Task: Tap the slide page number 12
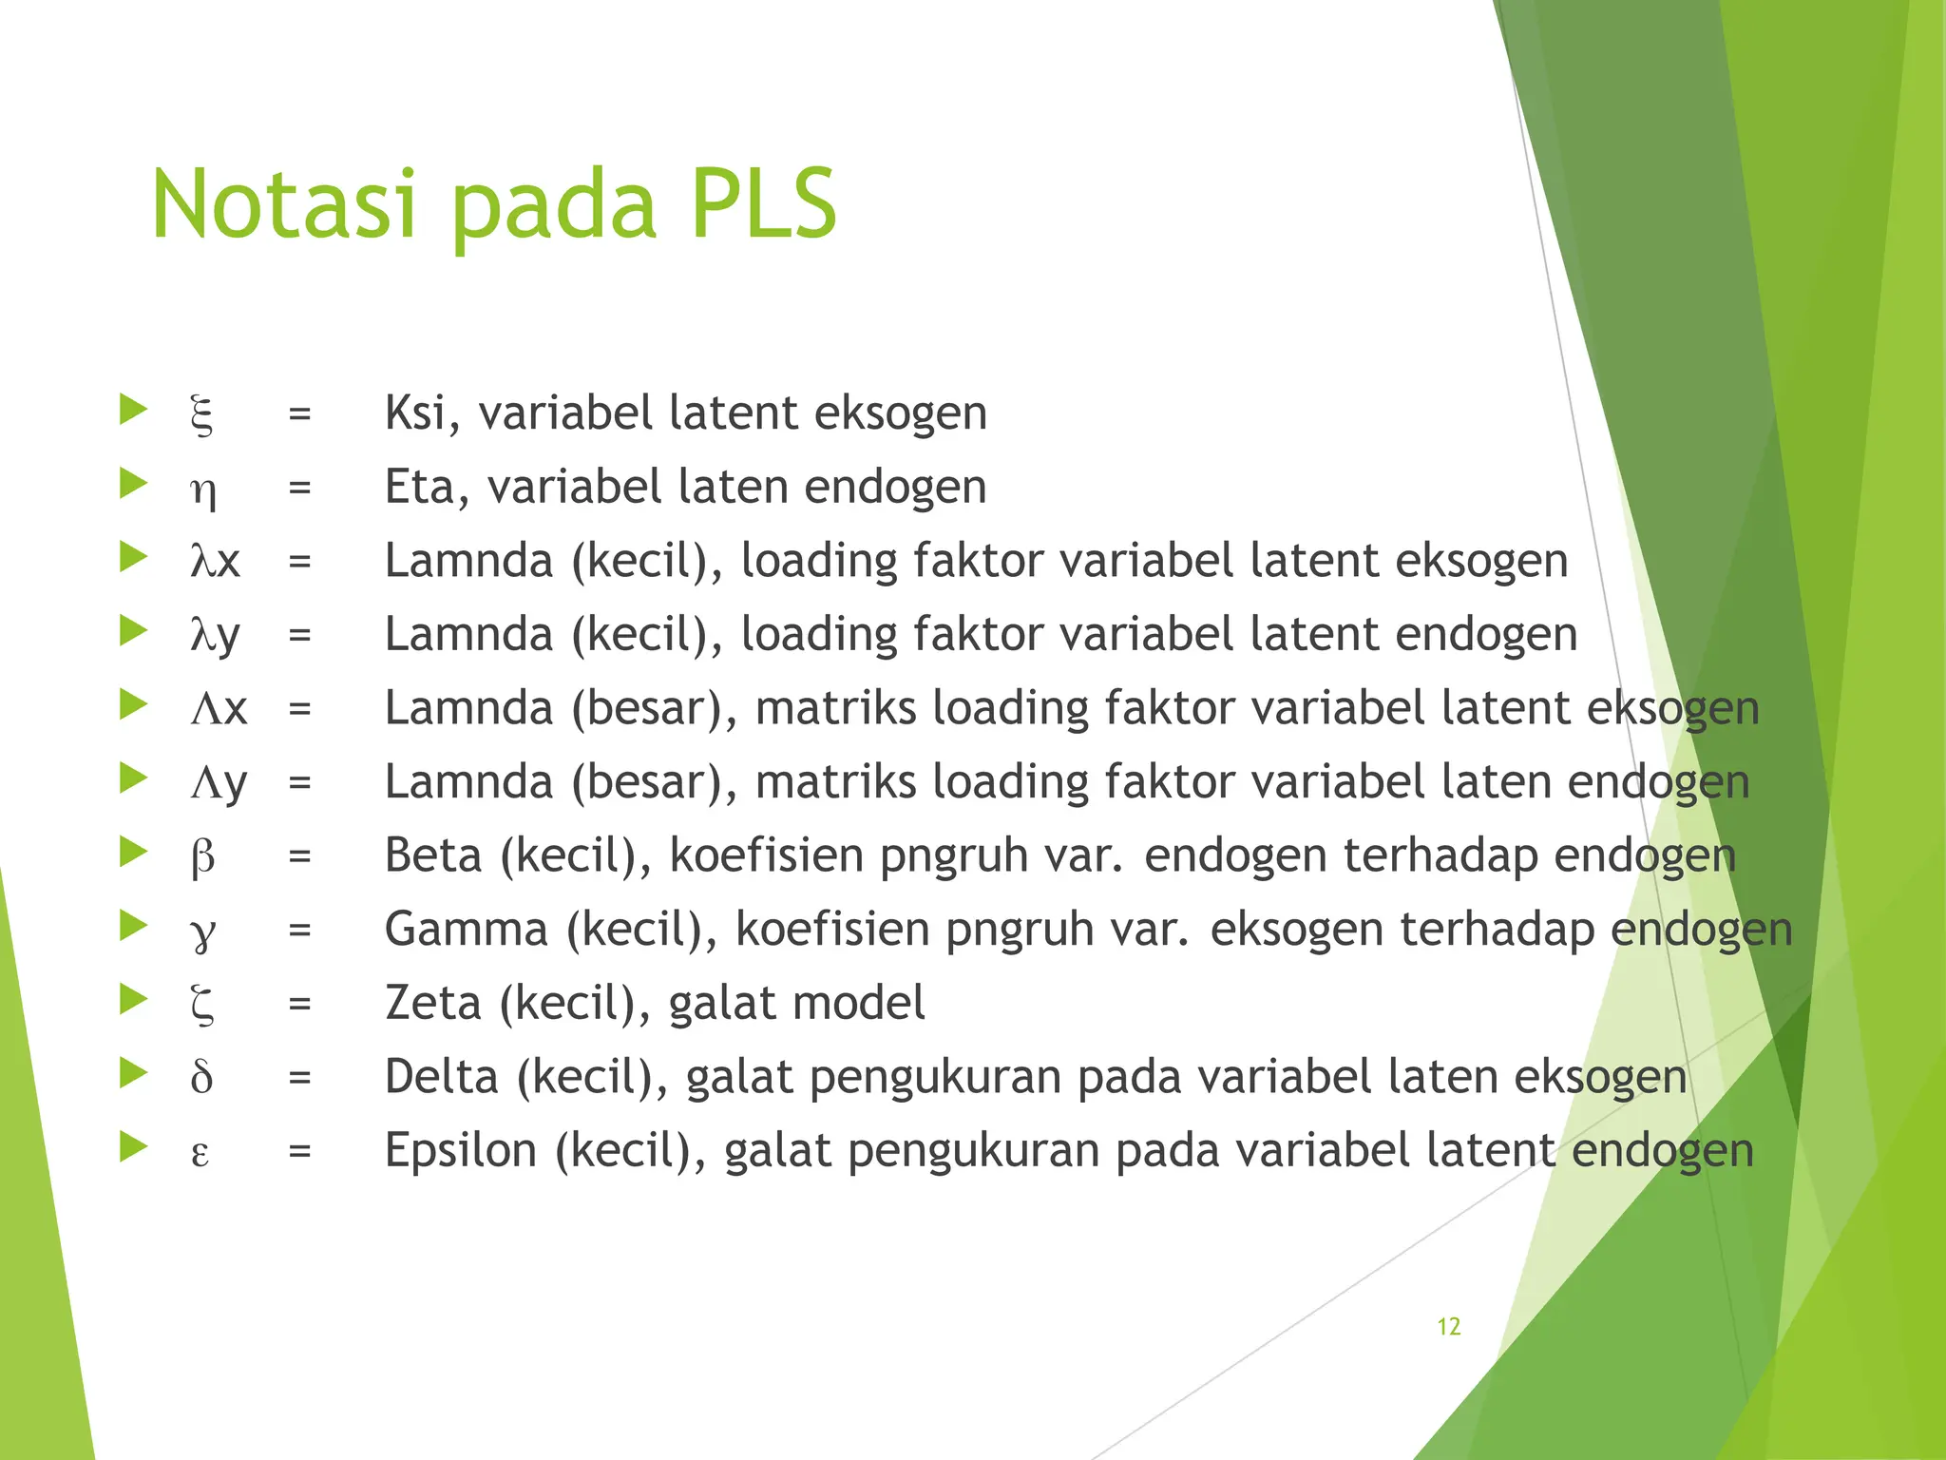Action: tap(1448, 1327)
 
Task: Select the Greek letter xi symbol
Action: tap(201, 414)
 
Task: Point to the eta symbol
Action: tap(202, 490)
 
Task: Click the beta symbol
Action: tap(202, 857)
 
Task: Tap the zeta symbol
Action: tap(202, 1006)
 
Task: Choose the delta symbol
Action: tap(201, 1078)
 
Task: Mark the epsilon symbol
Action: tap(200, 1153)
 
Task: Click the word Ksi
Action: tap(414, 413)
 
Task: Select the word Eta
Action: tap(420, 487)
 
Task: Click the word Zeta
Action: tap(433, 1004)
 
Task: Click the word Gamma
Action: tap(466, 930)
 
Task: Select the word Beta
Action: tap(433, 855)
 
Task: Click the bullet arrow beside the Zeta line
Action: tap(133, 999)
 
